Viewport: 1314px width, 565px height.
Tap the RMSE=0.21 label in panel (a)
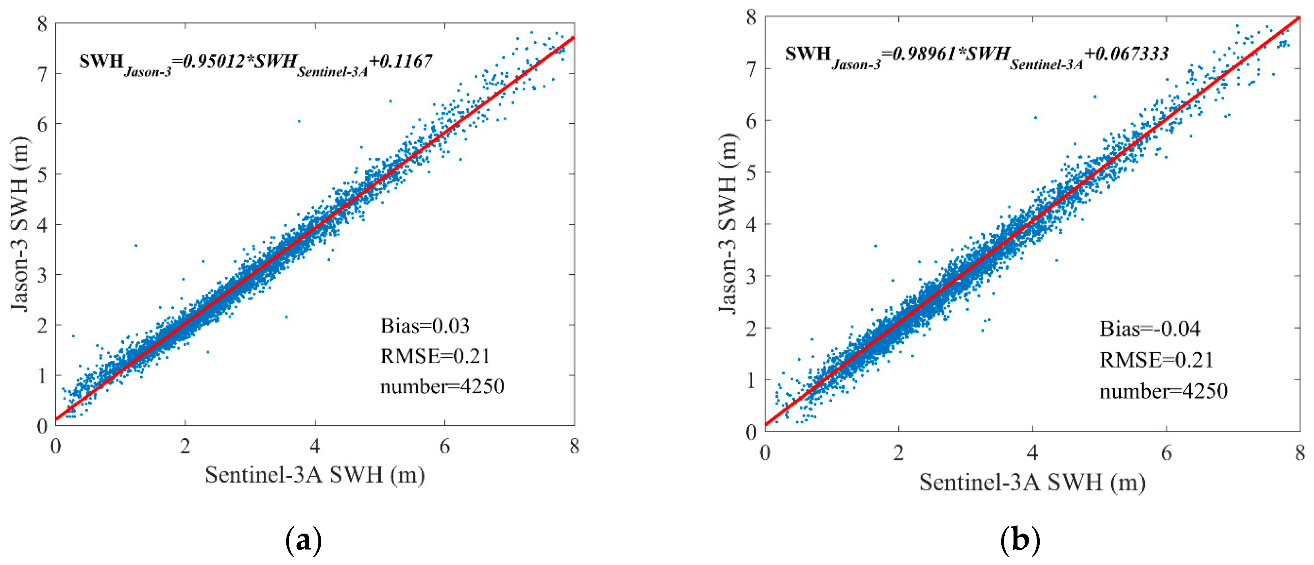(434, 356)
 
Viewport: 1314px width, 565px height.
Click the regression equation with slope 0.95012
(255, 63)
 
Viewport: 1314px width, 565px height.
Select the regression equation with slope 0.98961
(976, 56)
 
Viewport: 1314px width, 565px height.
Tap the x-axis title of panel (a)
(315, 475)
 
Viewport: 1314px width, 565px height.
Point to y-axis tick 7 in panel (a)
(43, 74)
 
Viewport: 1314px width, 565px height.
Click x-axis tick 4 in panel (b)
(1033, 453)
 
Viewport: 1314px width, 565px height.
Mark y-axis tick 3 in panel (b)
(751, 277)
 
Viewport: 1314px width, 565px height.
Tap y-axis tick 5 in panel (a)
(43, 174)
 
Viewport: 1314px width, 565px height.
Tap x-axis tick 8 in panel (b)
(1300, 453)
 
